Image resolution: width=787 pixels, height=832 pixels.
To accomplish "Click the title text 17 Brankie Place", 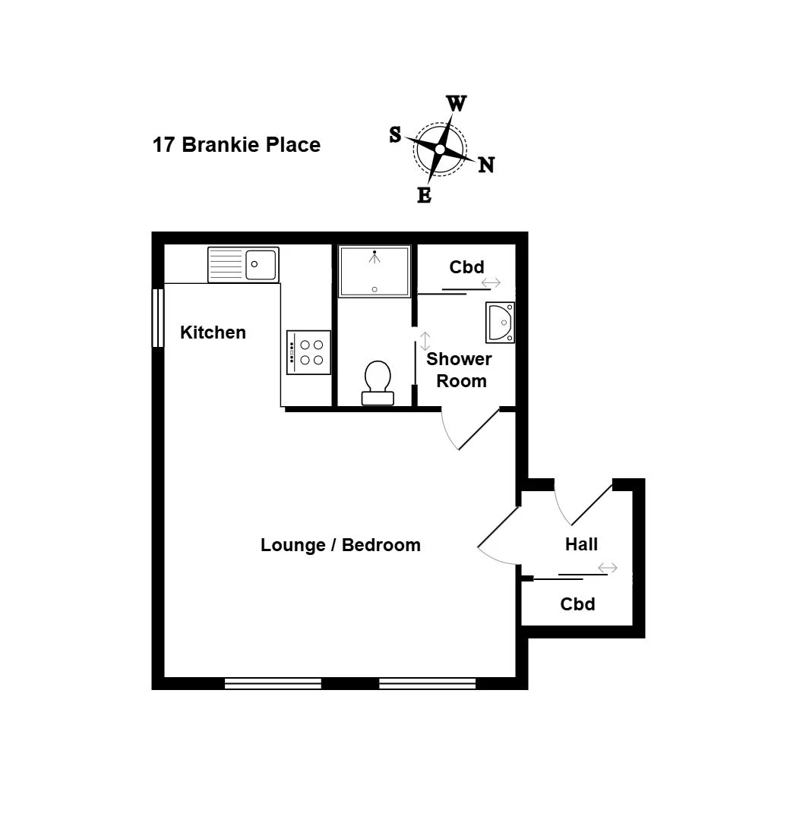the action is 236,145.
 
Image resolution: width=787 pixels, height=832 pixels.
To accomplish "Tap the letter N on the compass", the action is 486,165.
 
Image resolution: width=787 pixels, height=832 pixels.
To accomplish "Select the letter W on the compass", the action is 456,103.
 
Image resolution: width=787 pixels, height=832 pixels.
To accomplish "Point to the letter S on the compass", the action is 395,135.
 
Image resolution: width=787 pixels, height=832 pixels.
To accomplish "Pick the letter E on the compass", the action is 425,195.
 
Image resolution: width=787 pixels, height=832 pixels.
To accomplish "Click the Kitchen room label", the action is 213,332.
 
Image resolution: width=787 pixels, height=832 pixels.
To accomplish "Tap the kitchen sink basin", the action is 261,264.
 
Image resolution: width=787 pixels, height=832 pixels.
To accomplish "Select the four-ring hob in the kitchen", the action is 308,352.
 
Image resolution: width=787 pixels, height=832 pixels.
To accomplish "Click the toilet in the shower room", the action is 378,383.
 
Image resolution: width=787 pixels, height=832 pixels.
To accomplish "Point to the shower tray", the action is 375,271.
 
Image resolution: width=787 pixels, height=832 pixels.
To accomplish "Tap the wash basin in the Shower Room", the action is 501,322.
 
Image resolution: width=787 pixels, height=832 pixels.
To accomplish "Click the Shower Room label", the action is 460,370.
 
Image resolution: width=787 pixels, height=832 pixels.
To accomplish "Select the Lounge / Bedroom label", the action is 340,545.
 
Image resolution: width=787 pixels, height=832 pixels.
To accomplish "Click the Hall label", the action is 581,544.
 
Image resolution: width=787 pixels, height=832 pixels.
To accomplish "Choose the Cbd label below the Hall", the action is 578,604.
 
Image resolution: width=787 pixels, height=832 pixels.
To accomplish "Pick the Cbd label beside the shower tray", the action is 466,267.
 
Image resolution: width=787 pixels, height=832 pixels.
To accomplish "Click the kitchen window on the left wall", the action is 158,318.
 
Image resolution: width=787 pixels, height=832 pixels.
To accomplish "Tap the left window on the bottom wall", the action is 273,683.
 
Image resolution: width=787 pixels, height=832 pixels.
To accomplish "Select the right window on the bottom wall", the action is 428,683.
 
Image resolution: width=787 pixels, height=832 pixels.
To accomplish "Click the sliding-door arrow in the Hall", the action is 608,568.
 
